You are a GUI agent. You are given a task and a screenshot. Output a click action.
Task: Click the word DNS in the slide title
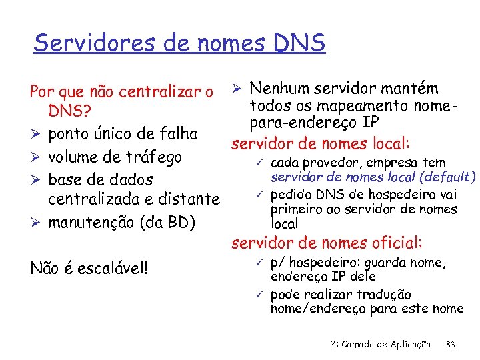[299, 43]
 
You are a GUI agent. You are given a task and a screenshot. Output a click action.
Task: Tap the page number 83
[450, 345]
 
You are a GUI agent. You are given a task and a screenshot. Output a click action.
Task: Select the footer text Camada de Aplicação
[389, 345]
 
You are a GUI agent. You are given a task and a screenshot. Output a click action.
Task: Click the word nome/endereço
[318, 308]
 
